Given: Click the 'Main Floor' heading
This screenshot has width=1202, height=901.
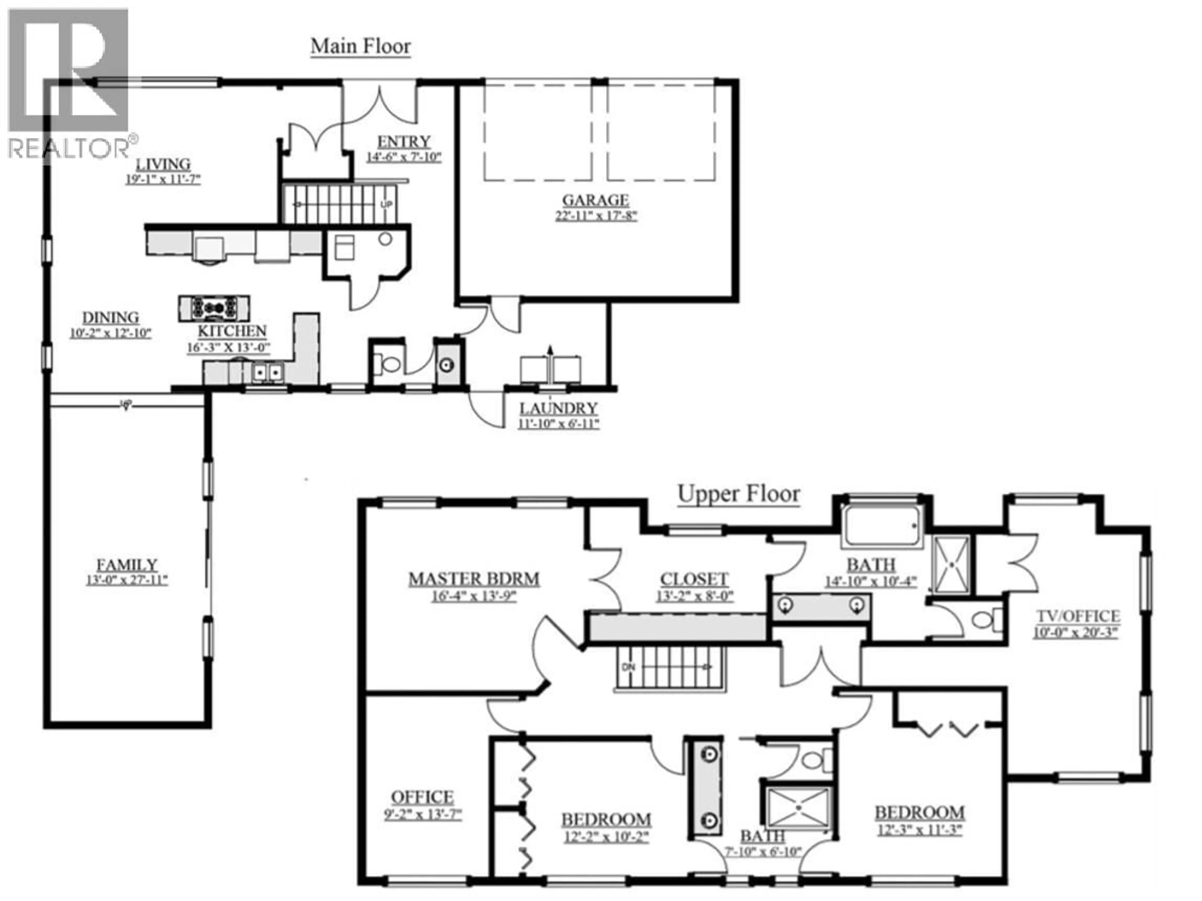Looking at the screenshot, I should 360,46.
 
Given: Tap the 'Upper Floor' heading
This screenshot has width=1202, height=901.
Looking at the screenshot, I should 738,494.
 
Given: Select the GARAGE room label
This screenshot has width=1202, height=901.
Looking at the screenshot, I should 596,201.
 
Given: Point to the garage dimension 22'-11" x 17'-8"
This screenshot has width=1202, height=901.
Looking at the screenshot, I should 596,216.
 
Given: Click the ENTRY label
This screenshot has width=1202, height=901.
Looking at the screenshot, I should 404,142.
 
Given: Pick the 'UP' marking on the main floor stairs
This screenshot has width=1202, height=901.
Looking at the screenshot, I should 386,205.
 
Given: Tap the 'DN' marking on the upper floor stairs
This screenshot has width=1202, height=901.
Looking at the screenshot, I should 628,667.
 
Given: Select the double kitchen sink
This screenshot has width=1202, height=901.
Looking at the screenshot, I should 268,372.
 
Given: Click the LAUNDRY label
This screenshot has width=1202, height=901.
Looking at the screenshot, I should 559,408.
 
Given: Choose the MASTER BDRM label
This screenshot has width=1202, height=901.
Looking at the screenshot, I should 474,579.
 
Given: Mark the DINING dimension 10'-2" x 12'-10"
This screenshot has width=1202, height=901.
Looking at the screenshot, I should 110,333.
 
